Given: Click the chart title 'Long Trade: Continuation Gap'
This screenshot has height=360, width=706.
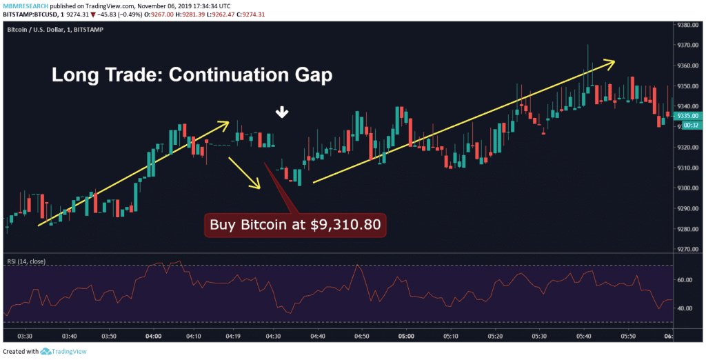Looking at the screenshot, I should (192, 74).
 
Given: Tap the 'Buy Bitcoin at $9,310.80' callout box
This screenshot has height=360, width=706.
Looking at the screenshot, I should (295, 225).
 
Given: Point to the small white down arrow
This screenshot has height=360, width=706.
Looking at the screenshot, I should (281, 112).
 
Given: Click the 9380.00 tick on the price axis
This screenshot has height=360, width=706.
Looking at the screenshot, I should (687, 25).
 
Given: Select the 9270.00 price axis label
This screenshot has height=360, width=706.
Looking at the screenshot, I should (687, 250).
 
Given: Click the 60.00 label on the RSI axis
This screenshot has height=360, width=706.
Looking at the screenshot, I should (685, 280).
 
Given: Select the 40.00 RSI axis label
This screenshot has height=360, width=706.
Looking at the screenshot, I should (685, 308).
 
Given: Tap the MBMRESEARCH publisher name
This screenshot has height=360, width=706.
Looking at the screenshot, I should (25, 4).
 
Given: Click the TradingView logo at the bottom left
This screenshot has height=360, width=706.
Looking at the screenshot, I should (65, 351).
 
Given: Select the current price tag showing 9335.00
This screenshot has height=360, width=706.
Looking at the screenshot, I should (687, 116).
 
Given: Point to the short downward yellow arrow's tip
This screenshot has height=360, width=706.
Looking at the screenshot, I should (259, 188).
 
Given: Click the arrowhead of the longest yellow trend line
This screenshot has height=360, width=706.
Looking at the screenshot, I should (612, 61).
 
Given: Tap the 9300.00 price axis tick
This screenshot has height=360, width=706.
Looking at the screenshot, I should (687, 188).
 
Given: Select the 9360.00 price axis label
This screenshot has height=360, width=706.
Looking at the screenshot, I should (687, 66).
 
